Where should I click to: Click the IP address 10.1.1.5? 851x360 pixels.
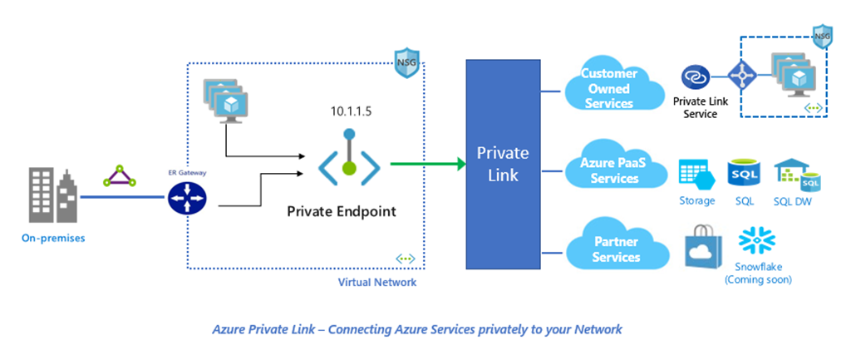click(x=349, y=110)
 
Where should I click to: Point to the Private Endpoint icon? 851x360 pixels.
click(x=349, y=157)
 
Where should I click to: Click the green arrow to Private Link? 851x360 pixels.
click(x=428, y=163)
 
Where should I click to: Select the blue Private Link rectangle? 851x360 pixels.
click(x=502, y=164)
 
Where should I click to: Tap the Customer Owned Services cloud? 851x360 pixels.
click(x=608, y=89)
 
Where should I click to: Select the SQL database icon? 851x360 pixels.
click(x=742, y=172)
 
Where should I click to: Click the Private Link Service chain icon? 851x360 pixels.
click(x=695, y=78)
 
